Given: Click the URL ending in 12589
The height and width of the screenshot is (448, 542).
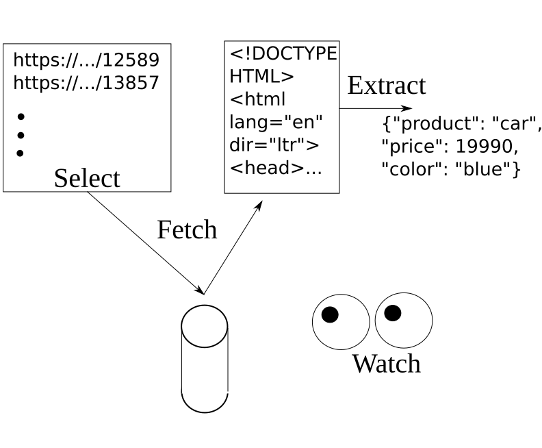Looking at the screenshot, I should coord(86,60).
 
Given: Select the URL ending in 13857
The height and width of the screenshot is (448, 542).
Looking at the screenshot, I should coord(86,83).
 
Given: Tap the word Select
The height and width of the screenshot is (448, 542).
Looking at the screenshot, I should coord(87,178).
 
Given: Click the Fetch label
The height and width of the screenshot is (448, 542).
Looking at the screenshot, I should coord(187,229).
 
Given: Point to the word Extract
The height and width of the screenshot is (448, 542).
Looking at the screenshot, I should coord(387,86).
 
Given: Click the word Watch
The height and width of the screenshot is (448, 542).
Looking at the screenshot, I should coord(386,363).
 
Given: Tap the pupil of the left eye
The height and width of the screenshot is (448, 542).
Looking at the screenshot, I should coord(330,314).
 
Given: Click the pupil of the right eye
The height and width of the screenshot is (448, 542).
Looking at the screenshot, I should coord(392,313).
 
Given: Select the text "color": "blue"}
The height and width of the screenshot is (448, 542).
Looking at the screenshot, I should coord(451,169).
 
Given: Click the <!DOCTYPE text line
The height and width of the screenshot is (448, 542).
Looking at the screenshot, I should coord(283,54).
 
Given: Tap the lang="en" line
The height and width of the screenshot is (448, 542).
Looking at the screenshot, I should coord(276,122).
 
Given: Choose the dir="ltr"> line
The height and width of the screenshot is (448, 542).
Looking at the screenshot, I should coord(274,145).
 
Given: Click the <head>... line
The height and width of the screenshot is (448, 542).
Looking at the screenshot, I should coord(275,168).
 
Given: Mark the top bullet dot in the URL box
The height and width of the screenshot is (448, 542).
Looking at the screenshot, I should coord(20,116).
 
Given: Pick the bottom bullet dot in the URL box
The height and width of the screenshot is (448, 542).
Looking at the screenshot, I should coord(20,153).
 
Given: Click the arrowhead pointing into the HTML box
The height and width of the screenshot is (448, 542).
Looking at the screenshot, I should coord(259,206).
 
